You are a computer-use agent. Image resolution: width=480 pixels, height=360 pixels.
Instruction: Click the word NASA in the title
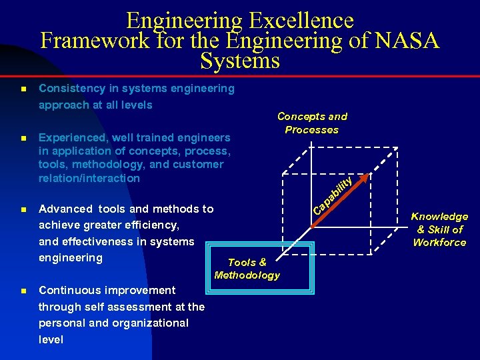click(x=406, y=41)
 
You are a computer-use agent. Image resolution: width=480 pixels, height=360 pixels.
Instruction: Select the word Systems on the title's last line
click(x=239, y=61)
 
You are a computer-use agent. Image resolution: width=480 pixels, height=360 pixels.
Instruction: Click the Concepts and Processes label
click(x=312, y=123)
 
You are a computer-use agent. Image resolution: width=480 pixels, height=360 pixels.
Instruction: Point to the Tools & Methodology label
click(x=247, y=269)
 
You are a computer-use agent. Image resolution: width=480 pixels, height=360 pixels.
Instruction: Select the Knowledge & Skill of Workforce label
click(x=439, y=229)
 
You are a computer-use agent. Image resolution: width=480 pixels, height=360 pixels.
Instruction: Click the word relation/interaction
click(x=89, y=178)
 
